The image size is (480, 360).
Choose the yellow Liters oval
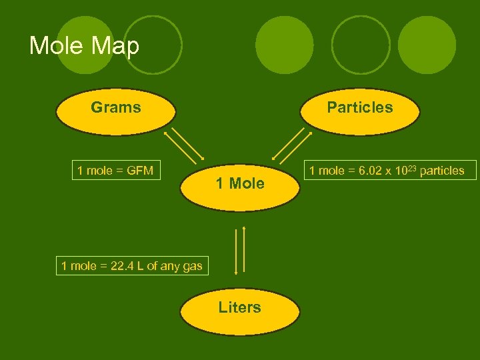(239, 307)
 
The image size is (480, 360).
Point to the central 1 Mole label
(239, 183)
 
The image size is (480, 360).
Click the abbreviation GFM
(140, 171)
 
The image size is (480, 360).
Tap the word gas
(192, 267)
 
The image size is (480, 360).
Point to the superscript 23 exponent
(413, 167)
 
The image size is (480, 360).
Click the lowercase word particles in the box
(443, 171)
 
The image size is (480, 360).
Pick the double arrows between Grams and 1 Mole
(185, 145)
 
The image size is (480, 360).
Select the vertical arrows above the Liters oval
(240, 250)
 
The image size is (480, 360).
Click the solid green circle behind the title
(85, 44)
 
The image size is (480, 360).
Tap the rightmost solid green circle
(427, 45)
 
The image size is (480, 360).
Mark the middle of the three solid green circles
(284, 45)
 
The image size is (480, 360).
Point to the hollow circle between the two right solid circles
(360, 45)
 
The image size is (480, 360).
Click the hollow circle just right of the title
(153, 45)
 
